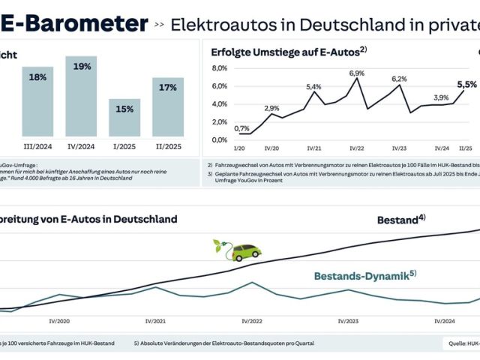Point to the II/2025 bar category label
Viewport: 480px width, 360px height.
[167, 147]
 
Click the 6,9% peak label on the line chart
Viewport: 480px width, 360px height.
[356, 73]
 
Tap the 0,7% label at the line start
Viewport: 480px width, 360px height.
[241, 128]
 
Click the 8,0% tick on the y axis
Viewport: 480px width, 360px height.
[219, 67]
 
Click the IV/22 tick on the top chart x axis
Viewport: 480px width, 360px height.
[356, 148]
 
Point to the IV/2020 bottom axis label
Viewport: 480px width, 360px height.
[59, 321]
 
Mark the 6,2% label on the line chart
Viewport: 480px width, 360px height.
[398, 79]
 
